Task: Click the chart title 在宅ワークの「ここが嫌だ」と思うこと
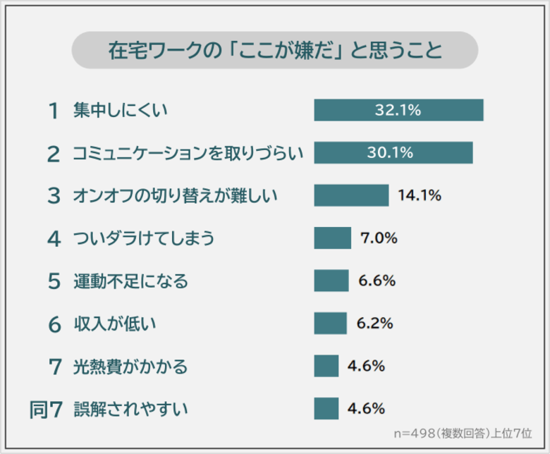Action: [x=275, y=51]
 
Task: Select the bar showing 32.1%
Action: [x=398, y=110]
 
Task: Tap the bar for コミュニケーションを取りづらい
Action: [x=393, y=153]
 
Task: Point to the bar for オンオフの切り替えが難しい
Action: [x=351, y=195]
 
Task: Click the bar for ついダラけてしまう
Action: [x=332, y=238]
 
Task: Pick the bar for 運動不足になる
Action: [x=331, y=281]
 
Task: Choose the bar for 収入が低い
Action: [x=330, y=323]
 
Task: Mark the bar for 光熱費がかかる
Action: [x=326, y=366]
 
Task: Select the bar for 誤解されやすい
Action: [x=326, y=408]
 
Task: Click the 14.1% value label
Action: [x=420, y=195]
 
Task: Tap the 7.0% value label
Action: [x=379, y=238]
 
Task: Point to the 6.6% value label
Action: [x=377, y=281]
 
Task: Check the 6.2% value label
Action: [x=375, y=323]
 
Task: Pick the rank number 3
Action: [x=54, y=196]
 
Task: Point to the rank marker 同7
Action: [x=47, y=409]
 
